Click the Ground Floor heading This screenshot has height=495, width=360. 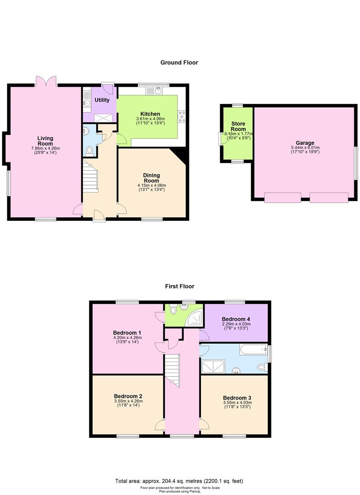coord(179,62)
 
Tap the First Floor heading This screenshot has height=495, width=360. coord(180,286)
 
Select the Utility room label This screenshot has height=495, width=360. coord(102,100)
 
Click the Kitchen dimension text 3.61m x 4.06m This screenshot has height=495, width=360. coord(150,119)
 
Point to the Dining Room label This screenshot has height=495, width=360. coord(152,178)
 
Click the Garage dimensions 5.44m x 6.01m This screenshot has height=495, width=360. coord(305,148)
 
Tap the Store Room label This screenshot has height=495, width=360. coord(238,126)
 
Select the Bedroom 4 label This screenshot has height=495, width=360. coord(236,319)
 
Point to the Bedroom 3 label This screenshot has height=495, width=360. coord(237,398)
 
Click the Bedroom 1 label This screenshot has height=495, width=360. coord(127,333)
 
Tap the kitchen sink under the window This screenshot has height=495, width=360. coord(154,91)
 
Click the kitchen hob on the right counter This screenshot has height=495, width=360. coord(182,116)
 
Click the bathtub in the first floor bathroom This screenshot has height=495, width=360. coord(254,349)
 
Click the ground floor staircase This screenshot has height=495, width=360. coord(91,176)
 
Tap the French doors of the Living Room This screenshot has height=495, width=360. coord(46,81)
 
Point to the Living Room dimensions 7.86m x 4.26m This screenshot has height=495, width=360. coord(45,148)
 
